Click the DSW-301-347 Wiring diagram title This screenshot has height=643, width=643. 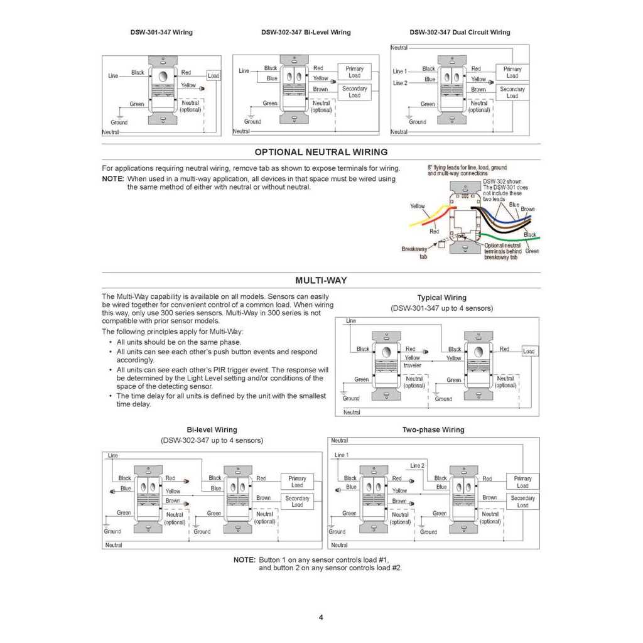pos(161,32)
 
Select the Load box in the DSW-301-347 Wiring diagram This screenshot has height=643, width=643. pos(213,76)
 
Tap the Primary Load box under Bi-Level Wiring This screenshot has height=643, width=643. pos(354,72)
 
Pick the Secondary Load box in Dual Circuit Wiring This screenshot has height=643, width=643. pos(512,92)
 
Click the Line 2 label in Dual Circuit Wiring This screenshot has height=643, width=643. pos(400,83)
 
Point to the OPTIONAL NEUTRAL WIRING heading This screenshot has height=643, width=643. pos(321,152)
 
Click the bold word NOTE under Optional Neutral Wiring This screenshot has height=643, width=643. pos(113,179)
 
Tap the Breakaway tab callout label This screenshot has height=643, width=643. pos(414,252)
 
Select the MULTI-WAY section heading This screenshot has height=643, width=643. pos(321,281)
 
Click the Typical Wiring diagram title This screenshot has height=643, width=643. pos(441,298)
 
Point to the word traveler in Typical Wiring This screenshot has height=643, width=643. pos(413,365)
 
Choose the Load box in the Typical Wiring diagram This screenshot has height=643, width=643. pos(529,351)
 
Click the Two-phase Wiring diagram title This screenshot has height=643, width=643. pos(433,430)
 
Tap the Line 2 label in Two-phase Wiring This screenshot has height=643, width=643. pos(417,465)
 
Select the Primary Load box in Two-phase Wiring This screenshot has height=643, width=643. pos(522,482)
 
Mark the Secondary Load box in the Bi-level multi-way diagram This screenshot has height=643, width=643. pos(297,501)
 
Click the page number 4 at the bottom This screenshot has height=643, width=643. pos(321,617)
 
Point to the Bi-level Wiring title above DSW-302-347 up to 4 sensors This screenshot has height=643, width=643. pos(212,430)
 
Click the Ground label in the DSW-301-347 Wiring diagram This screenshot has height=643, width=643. pos(119,122)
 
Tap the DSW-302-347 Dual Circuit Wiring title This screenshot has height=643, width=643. pos(460,32)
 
